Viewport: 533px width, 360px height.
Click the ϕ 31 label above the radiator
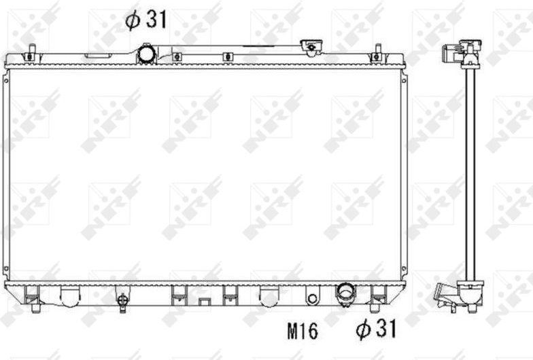pyautogui.click(x=146, y=20)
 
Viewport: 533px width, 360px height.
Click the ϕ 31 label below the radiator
pyautogui.click(x=377, y=329)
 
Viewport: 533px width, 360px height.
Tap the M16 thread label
pyautogui.click(x=303, y=331)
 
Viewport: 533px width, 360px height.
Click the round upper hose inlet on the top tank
pyautogui.click(x=147, y=54)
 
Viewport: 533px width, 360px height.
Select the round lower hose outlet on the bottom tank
pyautogui.click(x=345, y=293)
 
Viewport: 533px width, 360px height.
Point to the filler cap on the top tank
pyautogui.click(x=311, y=47)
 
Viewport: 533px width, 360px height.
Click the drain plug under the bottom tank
pyautogui.click(x=122, y=301)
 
